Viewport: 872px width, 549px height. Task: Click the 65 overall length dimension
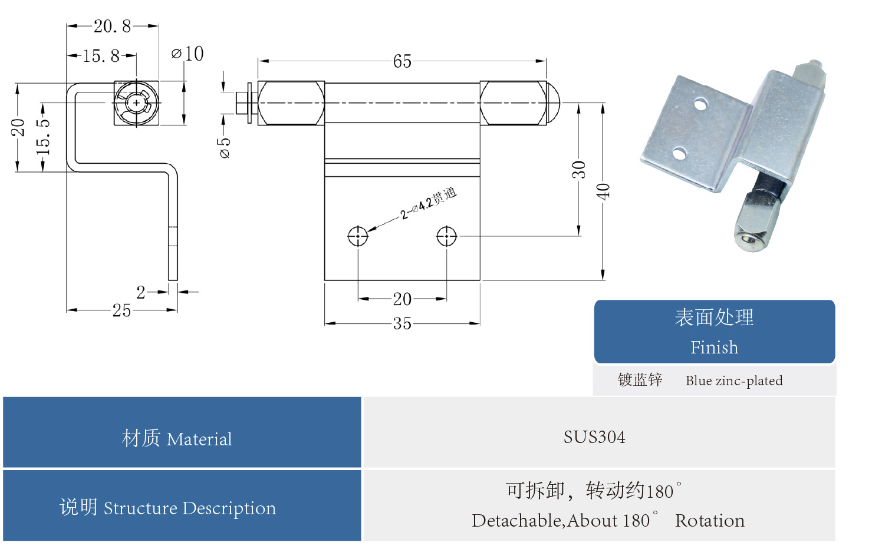(x=402, y=61)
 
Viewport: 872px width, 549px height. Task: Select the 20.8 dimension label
(x=112, y=26)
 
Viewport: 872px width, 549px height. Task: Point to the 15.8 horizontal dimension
(x=101, y=56)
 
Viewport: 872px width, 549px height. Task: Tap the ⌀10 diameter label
(x=188, y=54)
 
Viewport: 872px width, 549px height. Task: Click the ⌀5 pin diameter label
(x=225, y=148)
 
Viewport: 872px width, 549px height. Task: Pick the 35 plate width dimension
(x=402, y=323)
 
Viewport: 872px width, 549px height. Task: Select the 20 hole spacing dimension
(x=402, y=299)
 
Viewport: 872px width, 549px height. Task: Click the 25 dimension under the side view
(x=121, y=310)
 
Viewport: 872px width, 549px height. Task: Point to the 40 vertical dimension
(x=603, y=191)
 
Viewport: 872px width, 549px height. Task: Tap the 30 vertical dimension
(x=578, y=170)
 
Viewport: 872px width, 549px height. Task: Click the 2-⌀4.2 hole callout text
(x=429, y=203)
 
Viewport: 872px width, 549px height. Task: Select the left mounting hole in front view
(x=358, y=236)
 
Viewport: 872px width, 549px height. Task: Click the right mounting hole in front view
(x=446, y=236)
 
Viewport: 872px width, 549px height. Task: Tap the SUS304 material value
(x=594, y=437)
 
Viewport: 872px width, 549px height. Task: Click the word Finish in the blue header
(x=714, y=348)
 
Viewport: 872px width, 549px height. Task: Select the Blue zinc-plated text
(x=734, y=381)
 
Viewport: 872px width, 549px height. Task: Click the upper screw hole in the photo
(x=700, y=104)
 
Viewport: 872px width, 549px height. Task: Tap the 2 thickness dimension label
(x=141, y=292)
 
